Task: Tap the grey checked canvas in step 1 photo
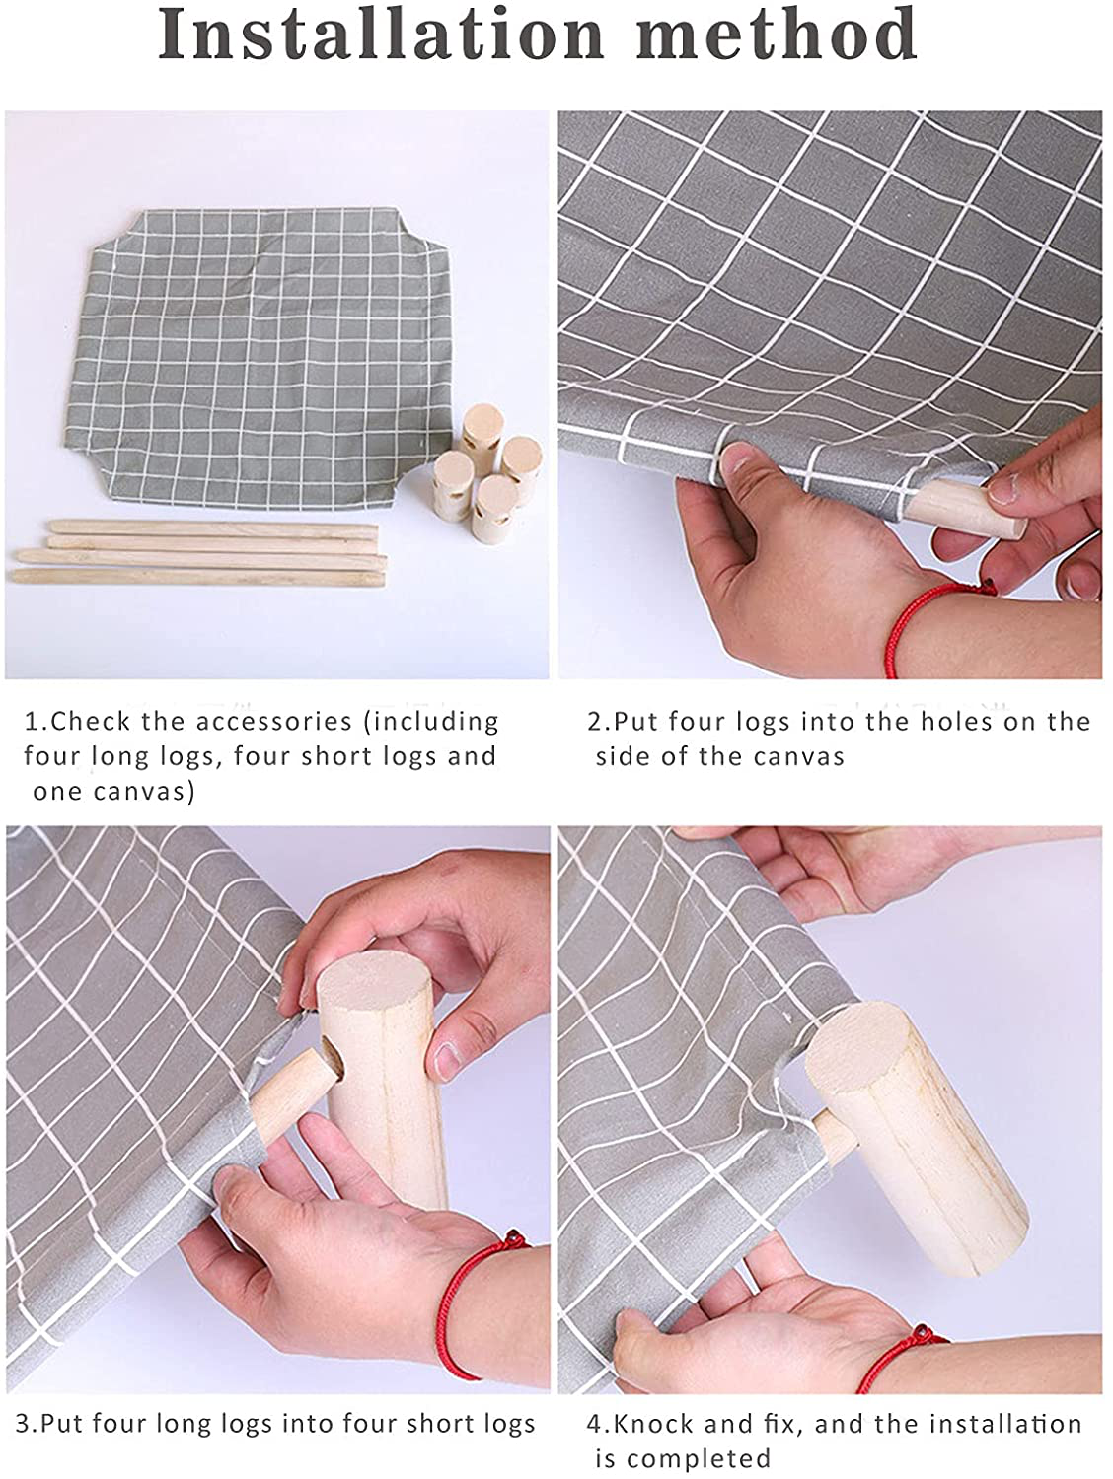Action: click(x=257, y=357)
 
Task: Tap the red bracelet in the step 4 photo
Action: click(x=900, y=1358)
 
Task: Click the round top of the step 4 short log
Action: click(x=859, y=1041)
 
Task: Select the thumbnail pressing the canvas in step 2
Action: click(x=737, y=460)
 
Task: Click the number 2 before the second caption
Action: click(x=595, y=722)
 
